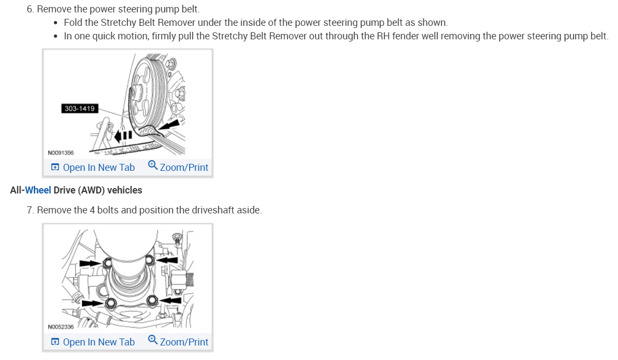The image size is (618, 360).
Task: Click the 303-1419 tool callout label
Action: click(79, 108)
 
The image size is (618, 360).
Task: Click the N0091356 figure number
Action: click(61, 153)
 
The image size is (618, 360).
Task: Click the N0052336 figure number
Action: click(61, 327)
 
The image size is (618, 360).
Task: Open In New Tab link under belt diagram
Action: click(93, 168)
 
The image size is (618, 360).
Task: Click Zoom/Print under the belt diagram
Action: click(178, 168)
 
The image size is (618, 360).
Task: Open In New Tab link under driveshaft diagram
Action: click(93, 342)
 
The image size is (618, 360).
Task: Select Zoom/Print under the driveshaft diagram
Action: click(178, 342)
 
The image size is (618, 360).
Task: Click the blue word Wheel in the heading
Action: click(38, 190)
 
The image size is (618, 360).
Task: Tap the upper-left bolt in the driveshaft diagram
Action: click(108, 264)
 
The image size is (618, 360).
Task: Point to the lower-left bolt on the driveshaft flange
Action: click(110, 303)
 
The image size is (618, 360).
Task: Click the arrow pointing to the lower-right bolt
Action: click(171, 300)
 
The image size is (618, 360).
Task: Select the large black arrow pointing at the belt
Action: click(169, 128)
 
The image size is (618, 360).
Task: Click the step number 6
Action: click(30, 9)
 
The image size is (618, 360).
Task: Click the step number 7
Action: click(30, 210)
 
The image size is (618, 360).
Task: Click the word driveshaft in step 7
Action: click(214, 210)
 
